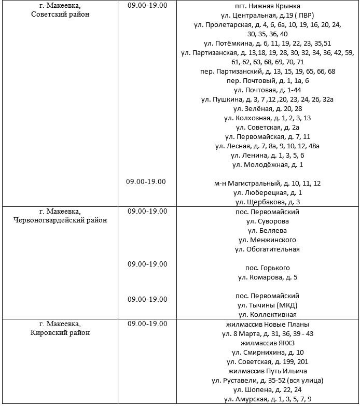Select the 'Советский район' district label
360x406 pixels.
60,15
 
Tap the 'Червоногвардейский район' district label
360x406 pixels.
60,220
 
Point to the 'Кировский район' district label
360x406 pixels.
60,333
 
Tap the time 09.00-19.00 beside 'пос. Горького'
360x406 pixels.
147,264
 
